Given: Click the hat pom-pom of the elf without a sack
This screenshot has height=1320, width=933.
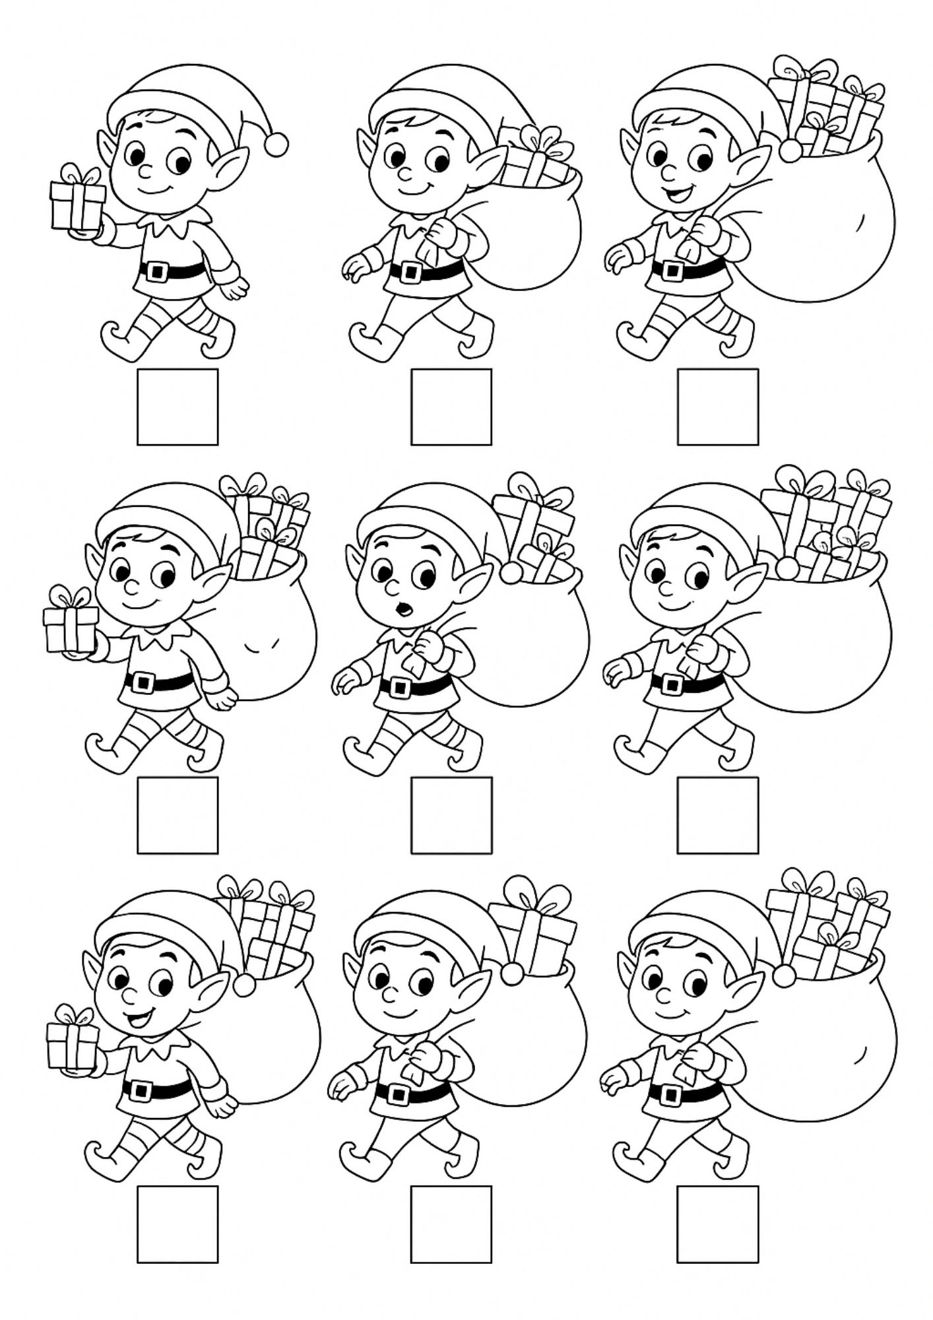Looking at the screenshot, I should coord(277,143).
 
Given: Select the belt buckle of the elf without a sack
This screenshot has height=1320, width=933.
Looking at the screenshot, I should coord(156,270).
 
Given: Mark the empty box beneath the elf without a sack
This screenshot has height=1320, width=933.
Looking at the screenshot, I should coord(177,407).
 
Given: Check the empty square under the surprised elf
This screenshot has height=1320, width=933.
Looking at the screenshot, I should coord(451,814).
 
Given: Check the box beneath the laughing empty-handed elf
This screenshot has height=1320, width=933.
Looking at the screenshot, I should coord(717,407).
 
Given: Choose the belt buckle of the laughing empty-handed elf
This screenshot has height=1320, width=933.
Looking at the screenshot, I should coord(673,269).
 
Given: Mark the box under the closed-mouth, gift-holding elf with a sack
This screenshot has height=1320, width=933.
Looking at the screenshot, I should coord(177,814).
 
